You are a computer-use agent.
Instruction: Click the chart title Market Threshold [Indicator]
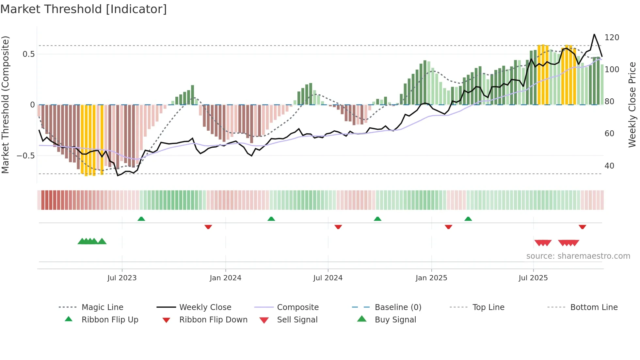[84, 9]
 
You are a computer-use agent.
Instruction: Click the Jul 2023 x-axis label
[122, 278]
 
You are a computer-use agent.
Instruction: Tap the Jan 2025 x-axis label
[431, 278]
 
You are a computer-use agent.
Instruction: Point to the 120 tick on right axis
[612, 38]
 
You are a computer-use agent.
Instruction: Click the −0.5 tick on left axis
[26, 156]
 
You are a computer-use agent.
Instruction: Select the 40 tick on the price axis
[609, 166]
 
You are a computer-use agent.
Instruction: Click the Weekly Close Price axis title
[632, 105]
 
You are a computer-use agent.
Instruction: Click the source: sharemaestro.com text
[578, 256]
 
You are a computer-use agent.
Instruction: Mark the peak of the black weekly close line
[594, 34]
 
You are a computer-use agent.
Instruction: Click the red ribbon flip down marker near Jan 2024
[208, 227]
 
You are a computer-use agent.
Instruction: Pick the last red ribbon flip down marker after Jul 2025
[582, 227]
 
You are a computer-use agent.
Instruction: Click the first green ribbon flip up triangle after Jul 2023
[141, 219]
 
